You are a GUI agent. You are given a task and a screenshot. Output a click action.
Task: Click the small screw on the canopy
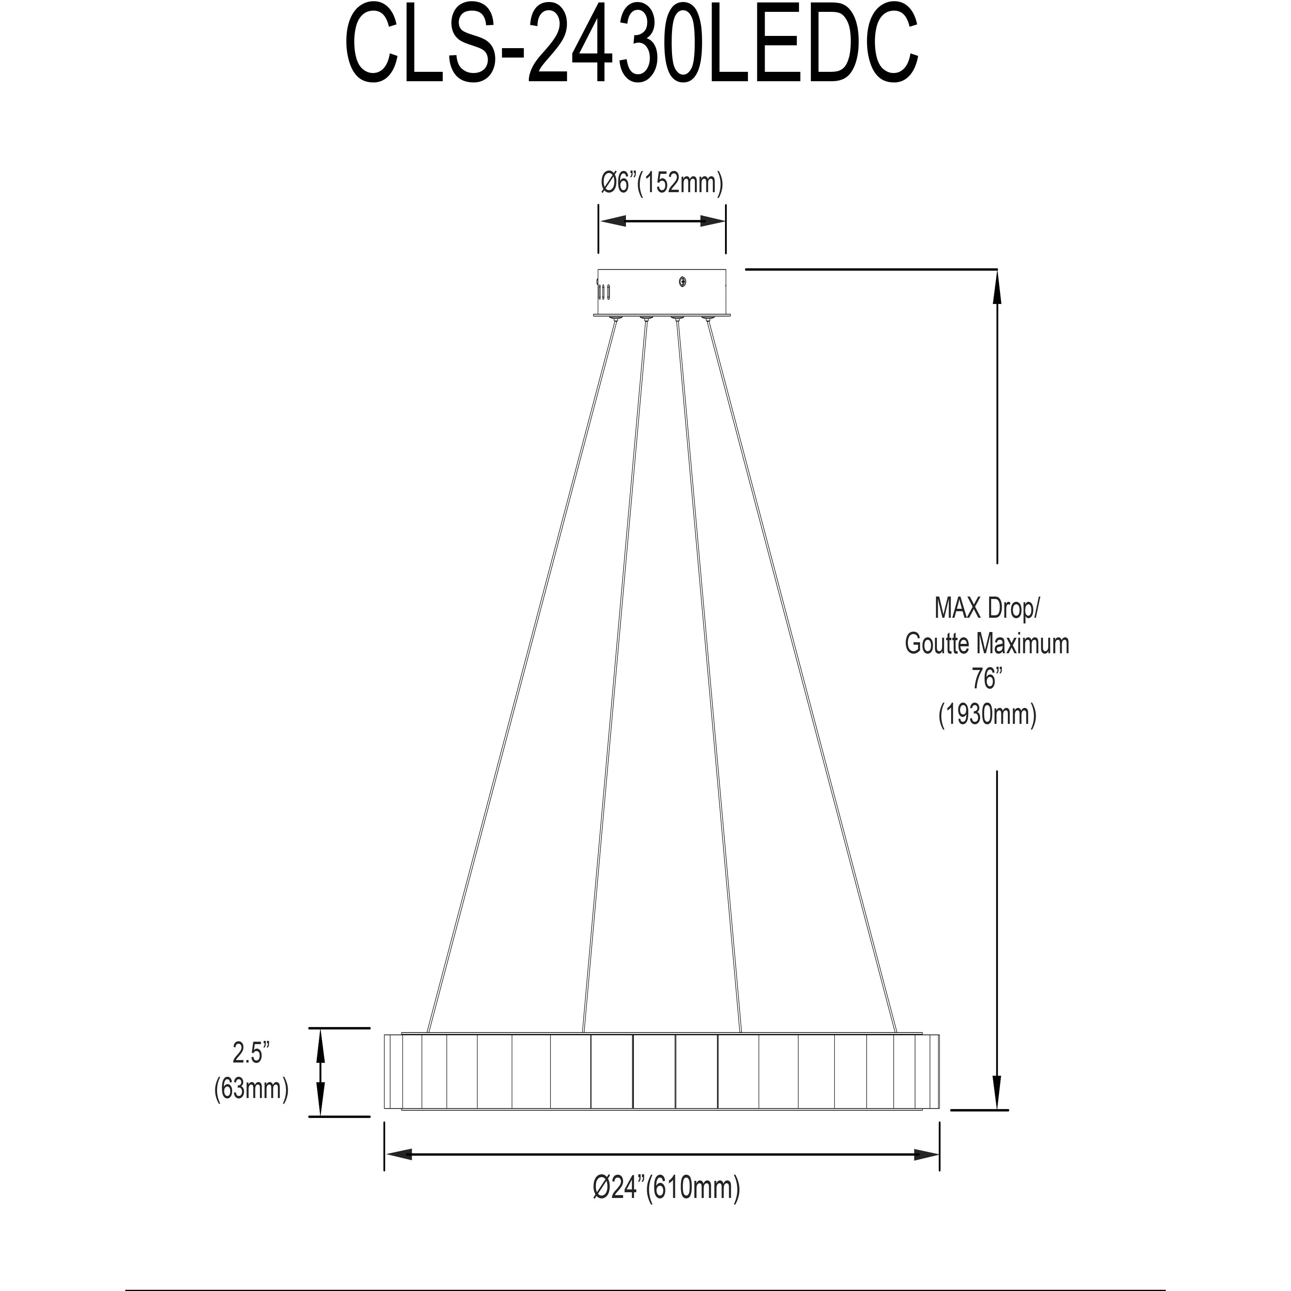(x=682, y=283)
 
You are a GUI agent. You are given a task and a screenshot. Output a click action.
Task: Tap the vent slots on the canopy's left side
(x=605, y=292)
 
